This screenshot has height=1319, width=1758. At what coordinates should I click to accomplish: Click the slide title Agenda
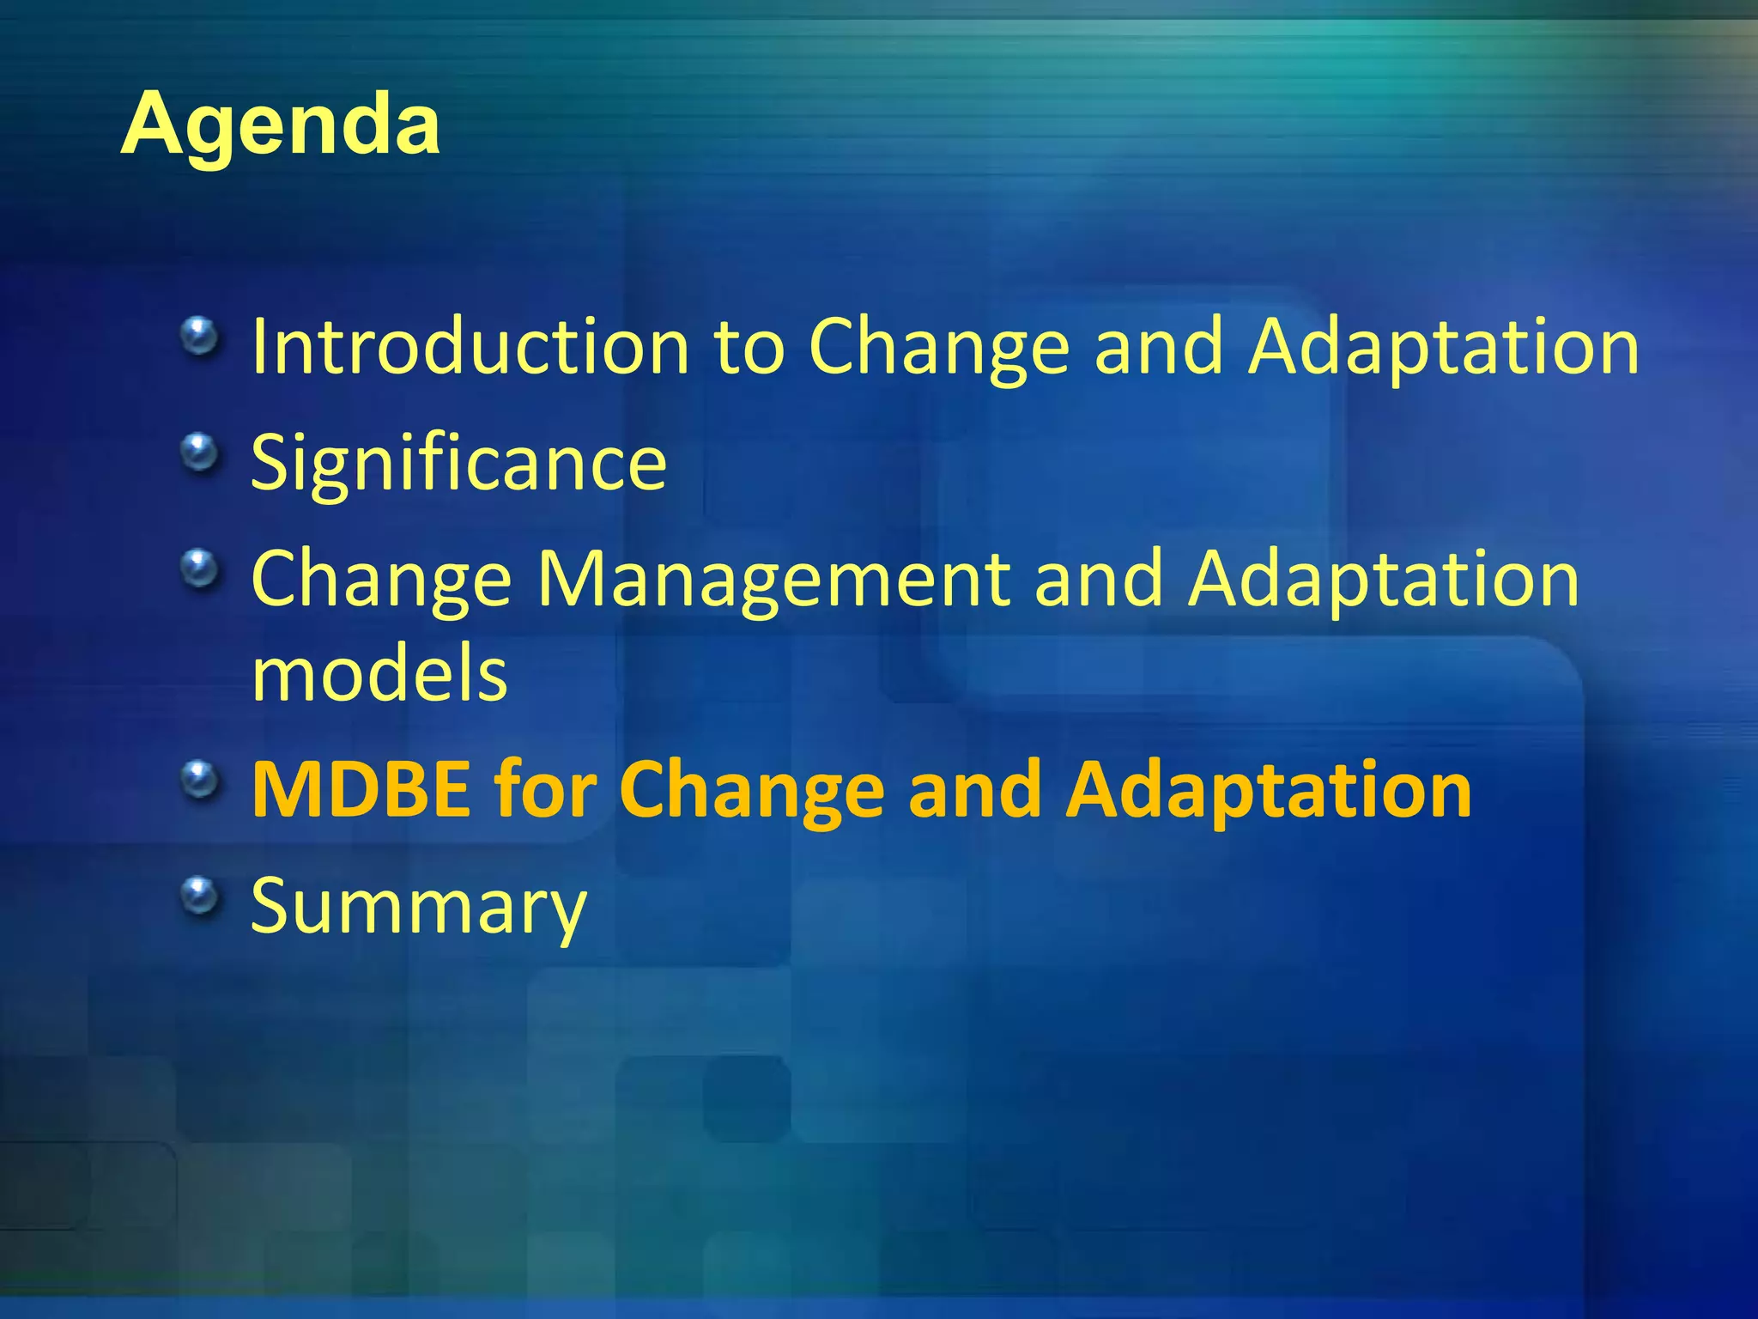(280, 125)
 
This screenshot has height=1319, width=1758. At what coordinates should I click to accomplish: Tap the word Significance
(458, 463)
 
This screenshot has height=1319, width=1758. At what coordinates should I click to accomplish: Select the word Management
(773, 579)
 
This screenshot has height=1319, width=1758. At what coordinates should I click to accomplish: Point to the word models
(379, 673)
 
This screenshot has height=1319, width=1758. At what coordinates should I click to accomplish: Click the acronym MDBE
(361, 789)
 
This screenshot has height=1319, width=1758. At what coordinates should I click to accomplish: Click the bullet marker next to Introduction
(200, 336)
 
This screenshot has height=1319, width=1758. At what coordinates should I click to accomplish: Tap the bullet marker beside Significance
(200, 452)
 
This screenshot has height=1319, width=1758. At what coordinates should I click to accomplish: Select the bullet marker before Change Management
(200, 568)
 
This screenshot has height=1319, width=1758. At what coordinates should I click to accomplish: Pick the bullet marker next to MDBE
(200, 780)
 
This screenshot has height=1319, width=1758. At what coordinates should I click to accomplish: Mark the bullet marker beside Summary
(200, 896)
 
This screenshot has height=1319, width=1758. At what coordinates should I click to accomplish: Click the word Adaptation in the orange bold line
(1268, 789)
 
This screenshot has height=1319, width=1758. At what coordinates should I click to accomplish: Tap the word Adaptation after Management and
(1383, 579)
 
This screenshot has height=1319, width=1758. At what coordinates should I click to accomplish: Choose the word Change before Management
(381, 579)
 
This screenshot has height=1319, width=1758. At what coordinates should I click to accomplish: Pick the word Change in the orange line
(751, 789)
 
